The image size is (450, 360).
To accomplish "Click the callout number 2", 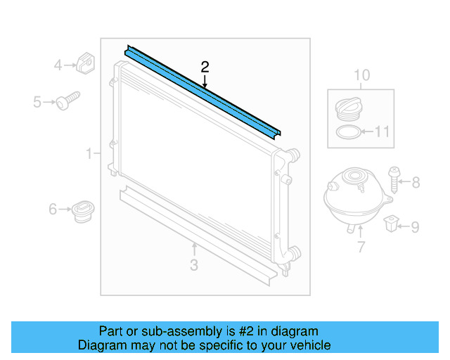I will pyautogui.click(x=205, y=67).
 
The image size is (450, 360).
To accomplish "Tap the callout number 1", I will pyautogui.click(x=89, y=153).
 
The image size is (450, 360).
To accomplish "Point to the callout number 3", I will pyautogui.click(x=194, y=265).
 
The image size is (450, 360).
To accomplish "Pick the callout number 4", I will pyautogui.click(x=58, y=66).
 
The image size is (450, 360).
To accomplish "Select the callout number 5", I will pyautogui.click(x=37, y=103).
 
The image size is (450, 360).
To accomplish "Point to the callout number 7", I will pyautogui.click(x=361, y=247).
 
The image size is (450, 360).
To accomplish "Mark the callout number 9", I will pyautogui.click(x=415, y=227).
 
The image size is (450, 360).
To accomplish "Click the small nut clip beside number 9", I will pyautogui.click(x=391, y=225).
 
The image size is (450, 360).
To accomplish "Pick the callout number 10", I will pyautogui.click(x=361, y=75).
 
